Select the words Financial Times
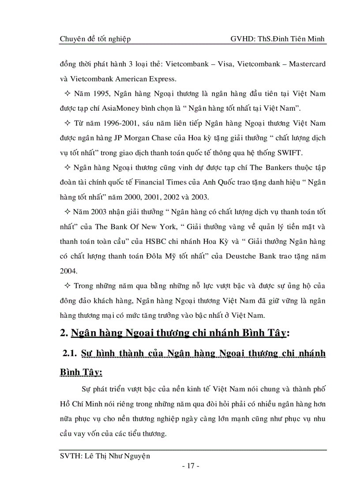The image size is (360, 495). [171, 182]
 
